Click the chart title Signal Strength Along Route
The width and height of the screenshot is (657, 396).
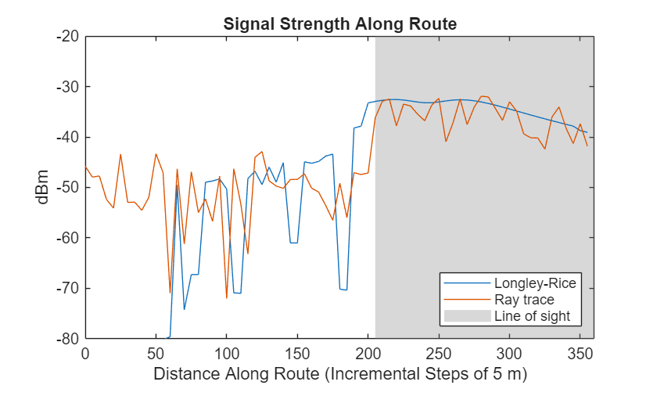point(339,23)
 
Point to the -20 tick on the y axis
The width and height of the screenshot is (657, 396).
point(68,36)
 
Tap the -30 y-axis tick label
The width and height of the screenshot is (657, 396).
point(68,86)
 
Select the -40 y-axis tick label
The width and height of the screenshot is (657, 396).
point(68,137)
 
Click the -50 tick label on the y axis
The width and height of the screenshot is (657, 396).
point(68,187)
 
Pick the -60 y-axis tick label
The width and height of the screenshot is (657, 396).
point(68,237)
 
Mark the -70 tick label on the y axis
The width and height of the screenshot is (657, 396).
point(68,288)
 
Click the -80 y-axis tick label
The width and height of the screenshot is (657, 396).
point(68,338)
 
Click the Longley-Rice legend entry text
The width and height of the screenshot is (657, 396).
point(534,283)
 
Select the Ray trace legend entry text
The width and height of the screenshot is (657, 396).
point(524,300)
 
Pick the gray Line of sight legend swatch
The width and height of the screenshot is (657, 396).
point(467,316)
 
